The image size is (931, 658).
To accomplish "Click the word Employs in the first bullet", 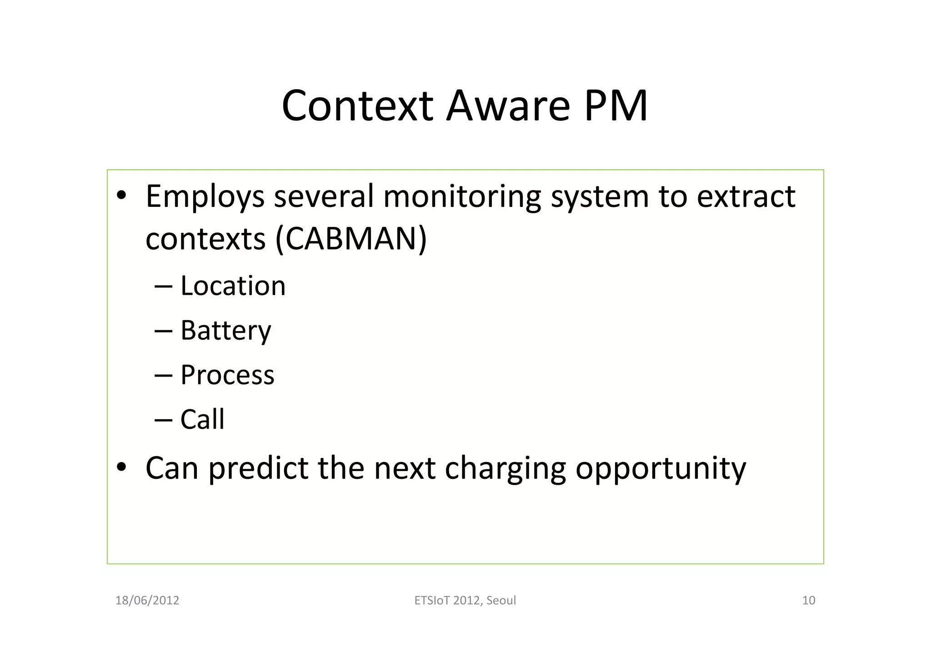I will (205, 197).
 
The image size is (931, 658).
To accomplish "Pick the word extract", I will (746, 197).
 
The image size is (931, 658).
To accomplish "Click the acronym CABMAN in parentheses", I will (351, 239).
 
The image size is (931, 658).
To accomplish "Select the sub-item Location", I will (233, 286).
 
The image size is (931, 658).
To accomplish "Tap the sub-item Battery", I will (225, 331).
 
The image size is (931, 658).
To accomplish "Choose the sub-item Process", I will (227, 375).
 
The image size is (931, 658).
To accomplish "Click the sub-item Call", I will (202, 419).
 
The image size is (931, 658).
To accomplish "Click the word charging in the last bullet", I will (505, 468).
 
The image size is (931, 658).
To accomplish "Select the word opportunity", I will (661, 468).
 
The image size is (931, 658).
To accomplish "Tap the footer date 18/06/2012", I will (147, 601).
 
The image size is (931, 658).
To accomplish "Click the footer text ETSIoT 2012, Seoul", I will (465, 601).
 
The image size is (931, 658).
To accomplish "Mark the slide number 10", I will (808, 601).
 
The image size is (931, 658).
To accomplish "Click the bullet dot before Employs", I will (121, 196).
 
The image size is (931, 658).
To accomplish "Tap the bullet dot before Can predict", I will (121, 467).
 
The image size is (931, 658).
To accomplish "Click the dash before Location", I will (163, 286).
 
